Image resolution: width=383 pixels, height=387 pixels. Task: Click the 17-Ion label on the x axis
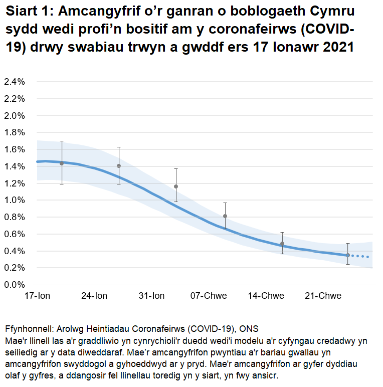pos(36,296)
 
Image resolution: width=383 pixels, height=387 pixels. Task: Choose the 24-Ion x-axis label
pos(94,296)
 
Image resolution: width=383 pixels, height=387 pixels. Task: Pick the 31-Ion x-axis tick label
pos(151,296)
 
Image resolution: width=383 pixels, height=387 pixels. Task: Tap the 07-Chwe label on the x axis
pos(208,296)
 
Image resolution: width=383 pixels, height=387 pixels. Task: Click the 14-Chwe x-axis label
pos(266,296)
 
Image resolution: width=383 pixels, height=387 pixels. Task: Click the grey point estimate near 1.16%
pos(175,186)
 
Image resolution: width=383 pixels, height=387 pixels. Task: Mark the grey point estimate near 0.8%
pos(225,216)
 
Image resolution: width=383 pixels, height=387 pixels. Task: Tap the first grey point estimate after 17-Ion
pos(62,163)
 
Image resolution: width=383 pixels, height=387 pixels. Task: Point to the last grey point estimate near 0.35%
pos(347,255)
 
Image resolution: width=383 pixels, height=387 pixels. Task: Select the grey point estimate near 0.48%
pos(282,244)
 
